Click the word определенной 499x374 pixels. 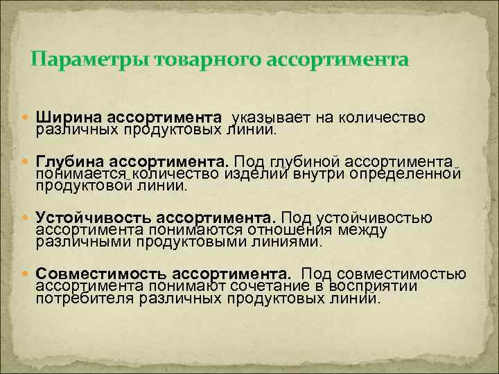click(409, 173)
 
